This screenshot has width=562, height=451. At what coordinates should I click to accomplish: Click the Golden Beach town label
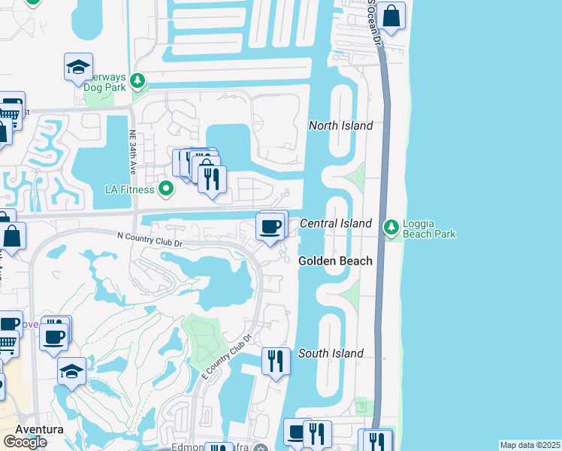335,261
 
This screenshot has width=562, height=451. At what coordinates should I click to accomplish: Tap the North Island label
340,126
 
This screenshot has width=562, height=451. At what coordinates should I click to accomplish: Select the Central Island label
336,223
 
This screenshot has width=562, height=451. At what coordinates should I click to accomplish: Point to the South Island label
331,353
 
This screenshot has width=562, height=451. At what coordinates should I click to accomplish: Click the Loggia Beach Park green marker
391,226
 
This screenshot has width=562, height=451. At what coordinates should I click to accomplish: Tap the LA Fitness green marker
167,189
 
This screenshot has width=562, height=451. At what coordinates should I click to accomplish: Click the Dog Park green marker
137,80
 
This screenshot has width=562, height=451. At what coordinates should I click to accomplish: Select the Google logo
25,442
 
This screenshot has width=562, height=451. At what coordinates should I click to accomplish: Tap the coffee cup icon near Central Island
270,225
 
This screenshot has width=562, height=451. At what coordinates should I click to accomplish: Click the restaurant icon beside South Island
276,362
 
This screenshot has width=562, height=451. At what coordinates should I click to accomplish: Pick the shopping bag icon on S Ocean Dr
391,16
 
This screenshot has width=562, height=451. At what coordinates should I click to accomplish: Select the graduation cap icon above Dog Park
78,68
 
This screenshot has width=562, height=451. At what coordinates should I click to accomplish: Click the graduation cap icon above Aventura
72,371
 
